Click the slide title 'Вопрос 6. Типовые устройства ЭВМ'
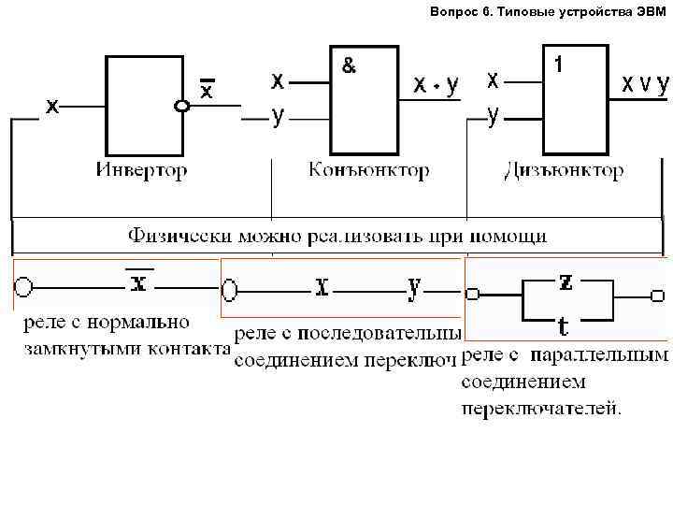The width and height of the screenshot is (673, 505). pos(549,12)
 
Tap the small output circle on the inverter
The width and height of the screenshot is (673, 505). pos(183,107)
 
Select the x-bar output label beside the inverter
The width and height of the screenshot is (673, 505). pos(208,90)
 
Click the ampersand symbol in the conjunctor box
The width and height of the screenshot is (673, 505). pos(348,66)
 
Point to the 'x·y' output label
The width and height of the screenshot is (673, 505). pos(437,85)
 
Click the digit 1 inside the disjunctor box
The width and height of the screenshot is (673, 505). pos(558,65)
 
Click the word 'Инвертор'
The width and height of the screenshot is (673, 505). pos(141,170)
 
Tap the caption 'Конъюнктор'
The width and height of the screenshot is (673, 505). pos(369,170)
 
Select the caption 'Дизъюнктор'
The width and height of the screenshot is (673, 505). pos(564,170)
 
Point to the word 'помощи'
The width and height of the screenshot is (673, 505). pos(510,234)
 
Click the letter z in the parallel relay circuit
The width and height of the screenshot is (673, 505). pos(566,280)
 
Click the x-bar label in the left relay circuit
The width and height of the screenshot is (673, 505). pos(137,281)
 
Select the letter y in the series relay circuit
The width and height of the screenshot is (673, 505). pos(414,287)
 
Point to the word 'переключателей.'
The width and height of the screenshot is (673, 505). pos(541,408)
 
